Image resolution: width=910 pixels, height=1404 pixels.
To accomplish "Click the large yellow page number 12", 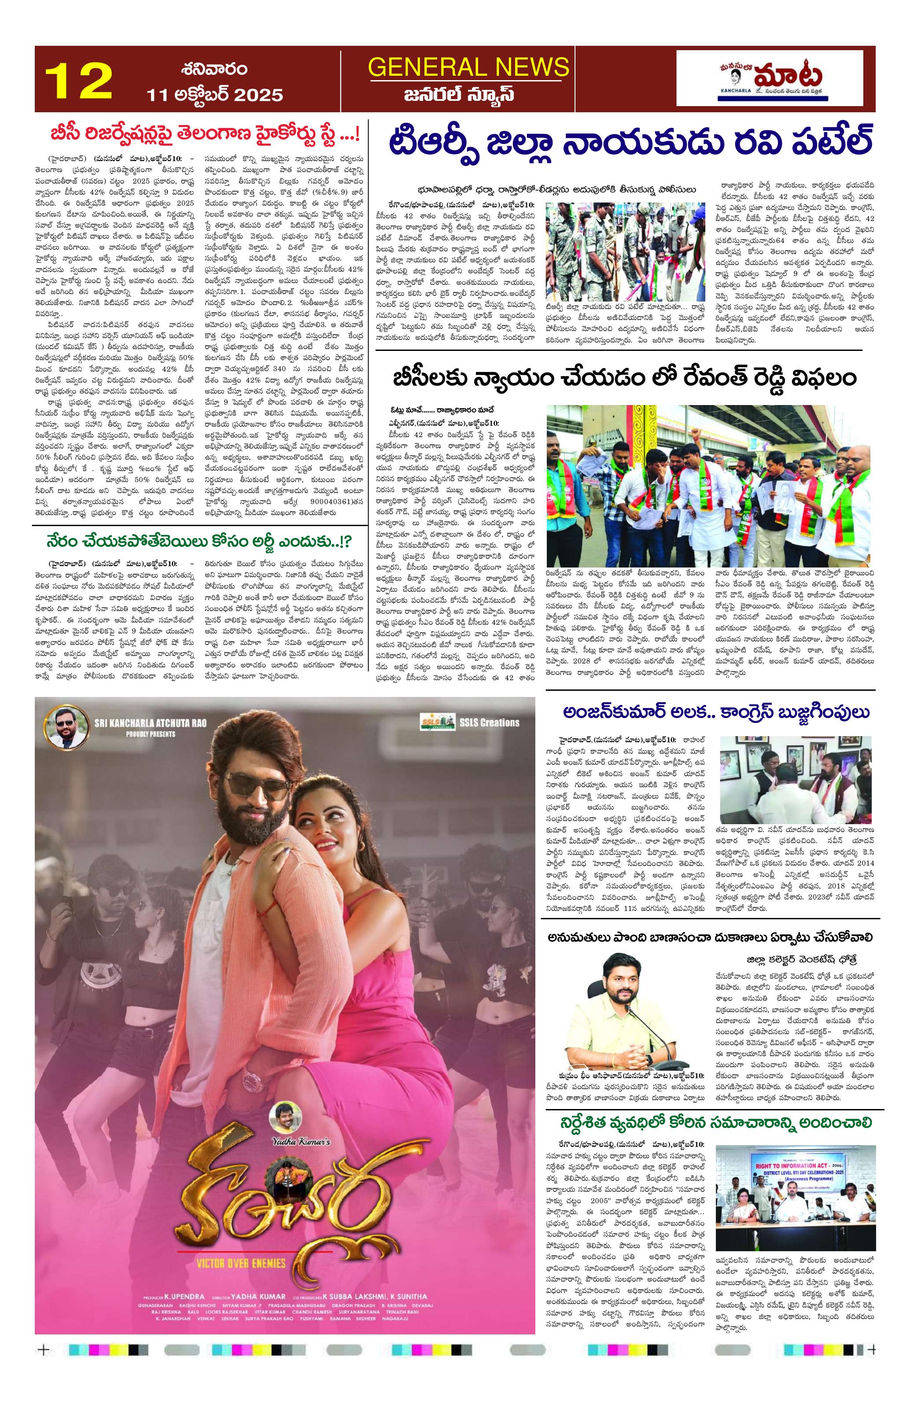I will [x=78, y=82].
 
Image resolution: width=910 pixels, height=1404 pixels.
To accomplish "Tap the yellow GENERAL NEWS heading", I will [x=468, y=67].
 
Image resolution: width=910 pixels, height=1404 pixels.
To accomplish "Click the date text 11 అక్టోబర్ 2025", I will [x=215, y=94].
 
